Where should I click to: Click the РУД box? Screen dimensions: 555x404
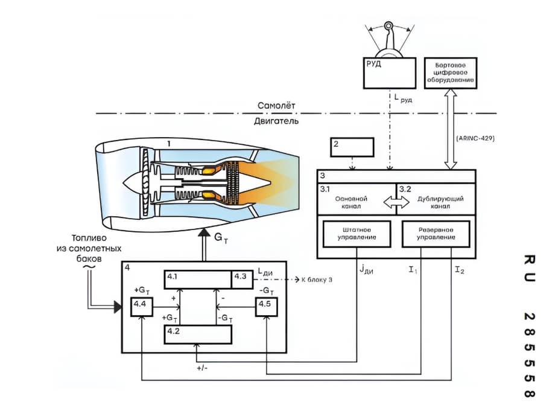coord(389,73)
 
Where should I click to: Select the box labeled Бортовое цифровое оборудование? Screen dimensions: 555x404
coord(451,73)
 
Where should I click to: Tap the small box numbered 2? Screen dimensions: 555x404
coord(352,147)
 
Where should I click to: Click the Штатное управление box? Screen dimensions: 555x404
coord(357,234)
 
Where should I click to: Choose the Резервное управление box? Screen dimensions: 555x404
coord(436,234)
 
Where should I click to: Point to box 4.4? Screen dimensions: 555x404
coord(142,307)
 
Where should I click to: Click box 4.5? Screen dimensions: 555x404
coord(267,307)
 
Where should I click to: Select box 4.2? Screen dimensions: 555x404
coord(198,334)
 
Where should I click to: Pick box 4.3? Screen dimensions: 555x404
coord(243,280)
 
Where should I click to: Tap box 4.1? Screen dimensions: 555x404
coord(198,280)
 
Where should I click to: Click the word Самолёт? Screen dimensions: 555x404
coord(276,105)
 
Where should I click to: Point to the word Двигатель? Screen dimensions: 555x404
coord(276,121)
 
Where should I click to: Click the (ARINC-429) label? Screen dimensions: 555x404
coord(475,138)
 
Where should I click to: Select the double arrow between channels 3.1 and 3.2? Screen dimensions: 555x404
coord(396,202)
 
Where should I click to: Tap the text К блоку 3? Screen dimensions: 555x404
coord(317,280)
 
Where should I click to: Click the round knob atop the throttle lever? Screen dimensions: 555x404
coord(388,25)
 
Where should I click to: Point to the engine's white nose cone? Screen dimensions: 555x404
coord(133,183)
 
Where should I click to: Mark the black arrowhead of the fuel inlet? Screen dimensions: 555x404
coord(118,307)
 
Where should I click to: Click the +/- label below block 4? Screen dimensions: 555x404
coord(202,368)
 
